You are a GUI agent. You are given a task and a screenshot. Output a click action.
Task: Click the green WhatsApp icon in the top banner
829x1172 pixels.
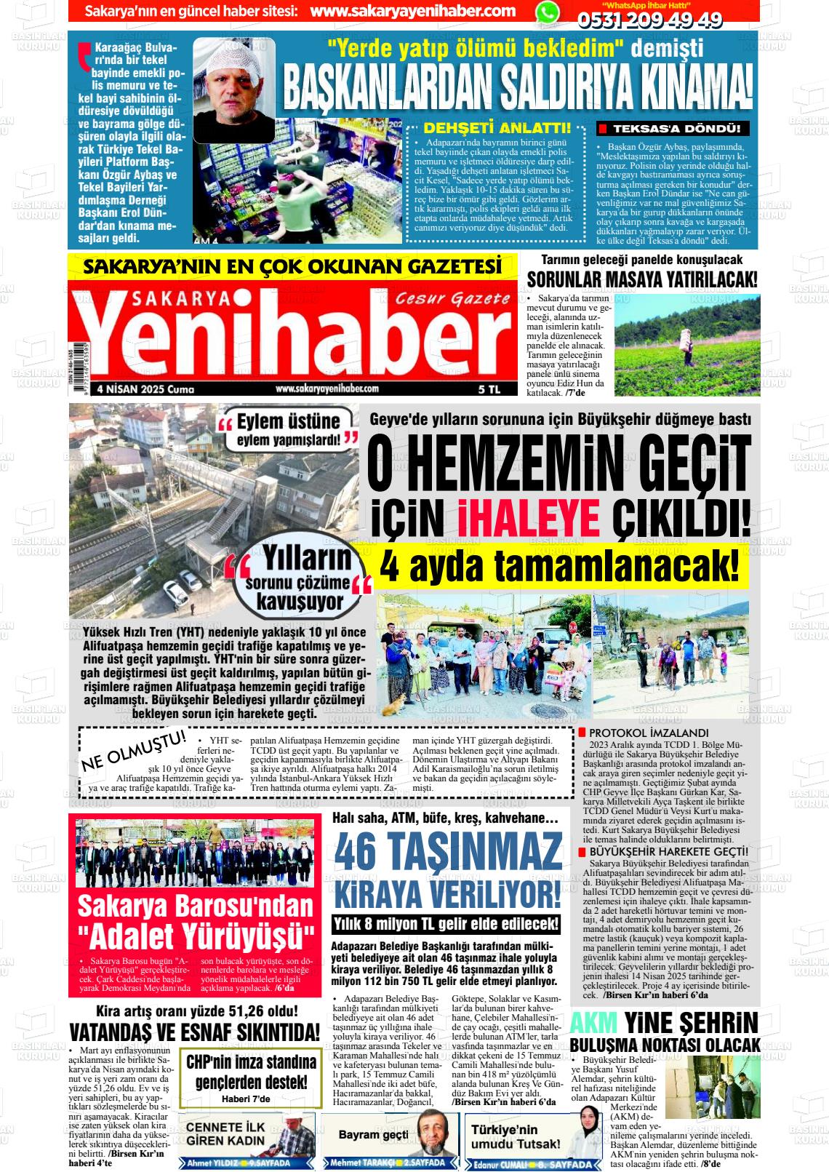tap(548, 12)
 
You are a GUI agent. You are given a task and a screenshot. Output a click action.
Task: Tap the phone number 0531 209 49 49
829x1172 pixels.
tap(649, 20)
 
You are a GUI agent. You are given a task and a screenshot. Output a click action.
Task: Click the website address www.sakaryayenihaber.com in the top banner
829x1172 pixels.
tap(412, 12)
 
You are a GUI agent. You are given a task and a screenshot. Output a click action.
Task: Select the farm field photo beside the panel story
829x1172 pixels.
tap(686, 344)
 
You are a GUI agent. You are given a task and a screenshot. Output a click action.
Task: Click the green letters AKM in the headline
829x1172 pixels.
tap(593, 1023)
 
